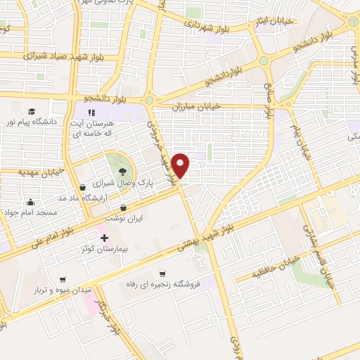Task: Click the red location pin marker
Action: [181, 166]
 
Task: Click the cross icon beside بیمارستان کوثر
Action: [105, 238]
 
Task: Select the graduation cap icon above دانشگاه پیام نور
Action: [32, 112]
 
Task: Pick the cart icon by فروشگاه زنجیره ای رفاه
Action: [162, 274]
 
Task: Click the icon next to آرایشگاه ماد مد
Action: [84, 187]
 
